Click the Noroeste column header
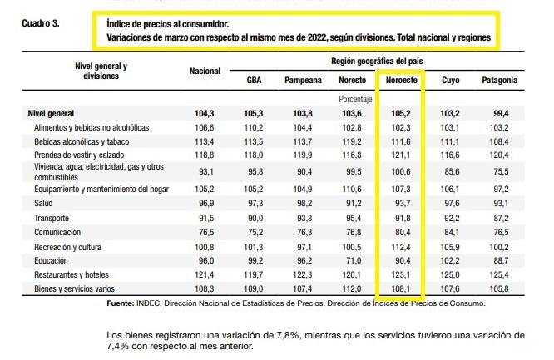(x=402, y=80)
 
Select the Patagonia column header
(x=500, y=80)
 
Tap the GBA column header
(x=254, y=80)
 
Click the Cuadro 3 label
(x=41, y=23)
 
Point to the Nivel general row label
(x=51, y=113)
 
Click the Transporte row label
(x=52, y=218)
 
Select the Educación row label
(x=51, y=260)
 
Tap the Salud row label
(x=43, y=203)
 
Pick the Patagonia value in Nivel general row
(x=501, y=113)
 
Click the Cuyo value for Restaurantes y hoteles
(x=450, y=274)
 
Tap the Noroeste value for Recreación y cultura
(x=401, y=247)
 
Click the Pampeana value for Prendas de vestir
(x=303, y=155)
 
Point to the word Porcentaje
(x=355, y=99)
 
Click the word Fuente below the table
(x=121, y=303)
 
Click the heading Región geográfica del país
(x=377, y=62)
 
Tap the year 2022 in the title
(x=317, y=37)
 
